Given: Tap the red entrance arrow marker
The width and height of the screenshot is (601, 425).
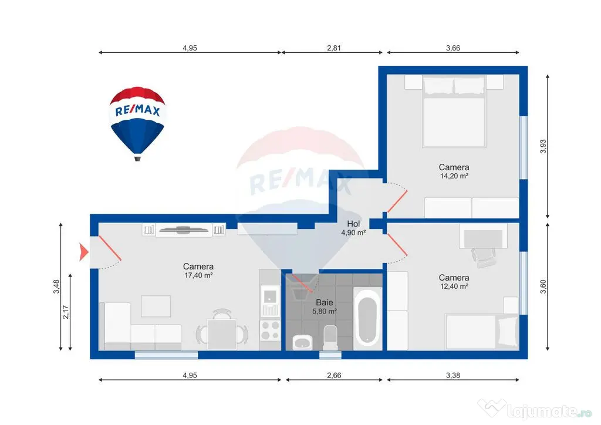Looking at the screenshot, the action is (83, 252).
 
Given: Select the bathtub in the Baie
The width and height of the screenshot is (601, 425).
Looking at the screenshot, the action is (367, 316).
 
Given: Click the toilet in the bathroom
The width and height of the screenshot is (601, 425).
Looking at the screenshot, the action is (330, 338).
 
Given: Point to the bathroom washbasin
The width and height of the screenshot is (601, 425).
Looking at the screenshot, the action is (303, 342).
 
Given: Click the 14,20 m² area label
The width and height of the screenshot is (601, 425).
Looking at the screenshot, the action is (454, 176).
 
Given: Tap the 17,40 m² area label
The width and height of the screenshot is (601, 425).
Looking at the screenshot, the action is (198, 275).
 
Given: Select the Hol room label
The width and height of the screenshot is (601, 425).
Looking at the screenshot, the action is (353, 224).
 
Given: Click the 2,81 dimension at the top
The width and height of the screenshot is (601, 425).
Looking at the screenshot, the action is (333, 48).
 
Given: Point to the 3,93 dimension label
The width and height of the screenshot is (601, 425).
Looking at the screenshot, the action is (543, 146).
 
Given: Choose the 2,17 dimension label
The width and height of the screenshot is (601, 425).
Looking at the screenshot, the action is (66, 312).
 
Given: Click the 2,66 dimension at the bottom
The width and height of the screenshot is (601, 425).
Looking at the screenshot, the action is (334, 375).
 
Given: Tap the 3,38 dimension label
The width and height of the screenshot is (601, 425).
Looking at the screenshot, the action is (453, 375).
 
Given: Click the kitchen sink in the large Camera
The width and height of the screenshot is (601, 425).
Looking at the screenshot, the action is (270, 296).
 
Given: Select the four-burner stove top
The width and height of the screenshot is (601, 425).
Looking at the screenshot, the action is (270, 330).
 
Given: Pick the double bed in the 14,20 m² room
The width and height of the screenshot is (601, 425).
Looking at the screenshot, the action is (454, 111).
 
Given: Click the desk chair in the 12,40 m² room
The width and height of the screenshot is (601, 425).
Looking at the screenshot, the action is (484, 257).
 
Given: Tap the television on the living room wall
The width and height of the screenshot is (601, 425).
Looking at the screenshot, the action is (184, 230).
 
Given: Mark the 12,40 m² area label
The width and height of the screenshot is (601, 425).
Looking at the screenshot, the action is (454, 286).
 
